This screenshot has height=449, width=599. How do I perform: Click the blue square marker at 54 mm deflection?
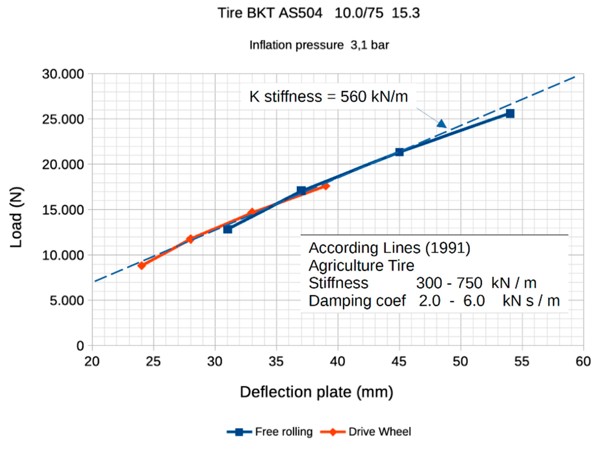coord(510,113)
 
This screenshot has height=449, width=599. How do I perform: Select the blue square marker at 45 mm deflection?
coord(399,152)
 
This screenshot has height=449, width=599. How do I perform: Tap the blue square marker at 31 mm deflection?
coord(228,229)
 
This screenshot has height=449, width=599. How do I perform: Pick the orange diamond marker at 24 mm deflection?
coord(142,265)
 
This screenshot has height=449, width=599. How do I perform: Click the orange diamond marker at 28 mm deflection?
coord(190,239)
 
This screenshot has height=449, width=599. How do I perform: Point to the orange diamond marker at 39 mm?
coord(326,186)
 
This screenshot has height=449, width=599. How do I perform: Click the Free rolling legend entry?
coord(270,431)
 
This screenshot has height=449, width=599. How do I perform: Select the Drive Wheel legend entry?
coord(365,431)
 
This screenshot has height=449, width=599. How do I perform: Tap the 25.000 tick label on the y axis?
coord(63,119)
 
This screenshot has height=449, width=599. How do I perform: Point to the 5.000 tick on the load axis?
coord(67,300)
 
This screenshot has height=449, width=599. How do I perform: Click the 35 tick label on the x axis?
coord(276,362)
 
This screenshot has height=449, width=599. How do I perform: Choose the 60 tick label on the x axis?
coord(583,362)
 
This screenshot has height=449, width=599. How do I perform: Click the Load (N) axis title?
coord(16,217)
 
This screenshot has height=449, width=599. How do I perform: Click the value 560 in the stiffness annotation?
coord(352,97)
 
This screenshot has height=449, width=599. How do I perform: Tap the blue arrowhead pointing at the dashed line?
coord(442,124)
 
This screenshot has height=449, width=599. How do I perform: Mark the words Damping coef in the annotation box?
coord(357,301)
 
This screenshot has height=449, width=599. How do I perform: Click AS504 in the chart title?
coord(301,13)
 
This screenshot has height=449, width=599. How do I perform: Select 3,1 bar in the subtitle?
coord(370,45)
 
